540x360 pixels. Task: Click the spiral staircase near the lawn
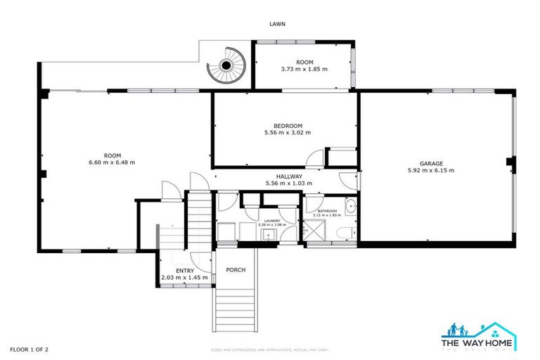pos(226,65)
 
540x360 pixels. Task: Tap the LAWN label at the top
pos(278,24)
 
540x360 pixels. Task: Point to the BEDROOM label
pos(288,126)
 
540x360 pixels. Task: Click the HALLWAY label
pos(289,176)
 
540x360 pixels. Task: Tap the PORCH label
pos(236,270)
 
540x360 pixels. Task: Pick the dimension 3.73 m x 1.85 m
pos(304,70)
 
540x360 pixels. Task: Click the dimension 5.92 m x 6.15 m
pos(431,170)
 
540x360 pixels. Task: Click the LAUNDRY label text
pos(271,221)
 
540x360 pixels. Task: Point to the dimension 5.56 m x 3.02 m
pos(288,133)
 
